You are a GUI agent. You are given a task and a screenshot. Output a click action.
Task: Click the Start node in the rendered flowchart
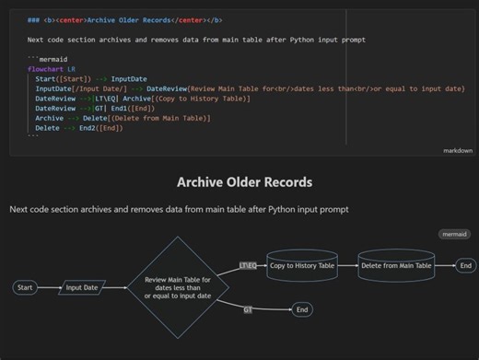click(x=26, y=288)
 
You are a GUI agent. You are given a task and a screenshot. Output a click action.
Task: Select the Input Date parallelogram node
click(x=81, y=288)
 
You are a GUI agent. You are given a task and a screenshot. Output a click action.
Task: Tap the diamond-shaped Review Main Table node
click(x=178, y=286)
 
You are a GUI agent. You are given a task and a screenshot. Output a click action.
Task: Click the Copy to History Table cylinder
click(x=301, y=266)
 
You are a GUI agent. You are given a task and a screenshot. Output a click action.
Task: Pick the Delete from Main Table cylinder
click(x=396, y=266)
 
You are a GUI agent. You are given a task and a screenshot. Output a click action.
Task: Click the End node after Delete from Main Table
click(x=466, y=266)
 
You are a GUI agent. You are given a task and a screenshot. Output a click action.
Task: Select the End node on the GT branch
click(x=302, y=310)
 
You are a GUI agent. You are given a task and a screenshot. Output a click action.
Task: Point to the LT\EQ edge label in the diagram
click(x=248, y=266)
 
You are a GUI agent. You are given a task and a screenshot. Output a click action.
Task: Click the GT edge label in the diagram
click(x=248, y=310)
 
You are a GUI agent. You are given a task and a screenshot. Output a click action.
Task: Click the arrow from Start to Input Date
click(x=49, y=288)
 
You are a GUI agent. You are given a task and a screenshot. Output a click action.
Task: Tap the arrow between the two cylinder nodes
click(x=347, y=266)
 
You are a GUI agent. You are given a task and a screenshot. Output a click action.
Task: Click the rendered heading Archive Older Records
click(x=239, y=182)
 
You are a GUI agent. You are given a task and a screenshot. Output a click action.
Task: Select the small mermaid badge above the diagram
click(x=452, y=235)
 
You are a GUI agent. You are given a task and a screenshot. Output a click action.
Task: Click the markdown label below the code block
click(x=457, y=149)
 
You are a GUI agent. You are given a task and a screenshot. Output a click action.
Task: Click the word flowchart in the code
click(x=46, y=69)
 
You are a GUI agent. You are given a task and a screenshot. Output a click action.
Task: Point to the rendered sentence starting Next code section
click(x=179, y=210)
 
